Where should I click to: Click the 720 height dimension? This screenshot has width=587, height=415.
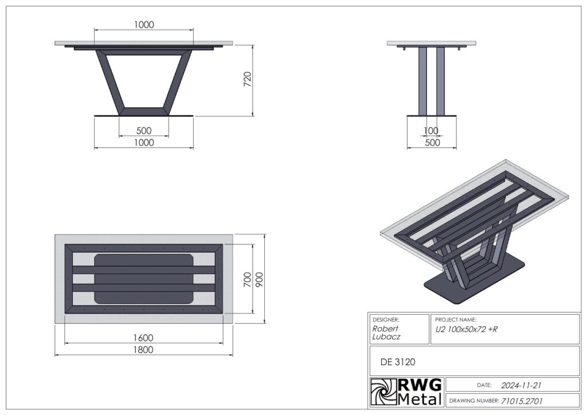click(248, 79)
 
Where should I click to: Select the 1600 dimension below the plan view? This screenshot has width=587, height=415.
click(143, 338)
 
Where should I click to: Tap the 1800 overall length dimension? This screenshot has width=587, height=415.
click(143, 350)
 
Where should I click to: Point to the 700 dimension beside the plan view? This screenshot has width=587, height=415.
click(248, 280)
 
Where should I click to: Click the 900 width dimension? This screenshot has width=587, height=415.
click(259, 280)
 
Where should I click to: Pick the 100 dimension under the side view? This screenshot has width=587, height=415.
click(431, 131)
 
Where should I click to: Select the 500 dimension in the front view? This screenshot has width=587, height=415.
click(144, 131)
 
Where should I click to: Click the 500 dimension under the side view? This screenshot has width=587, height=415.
click(432, 143)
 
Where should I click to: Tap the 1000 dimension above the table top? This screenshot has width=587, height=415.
click(144, 25)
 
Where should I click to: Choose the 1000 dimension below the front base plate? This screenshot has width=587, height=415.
click(144, 143)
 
